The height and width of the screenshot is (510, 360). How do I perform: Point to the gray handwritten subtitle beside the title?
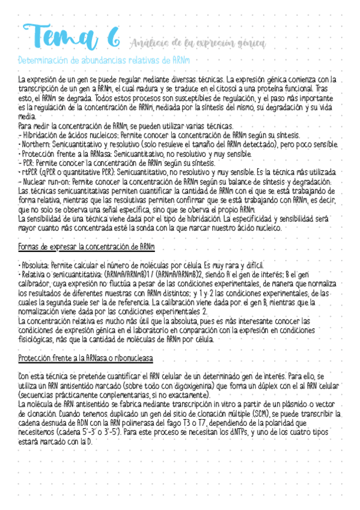pyautogui.click(x=197, y=43)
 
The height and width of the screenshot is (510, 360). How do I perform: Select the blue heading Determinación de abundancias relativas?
pyautogui.click(x=104, y=60)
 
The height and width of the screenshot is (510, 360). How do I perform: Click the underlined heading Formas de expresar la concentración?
pyautogui.click(x=86, y=247)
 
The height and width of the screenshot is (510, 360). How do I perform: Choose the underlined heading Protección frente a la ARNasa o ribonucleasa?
pyautogui.click(x=85, y=357)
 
